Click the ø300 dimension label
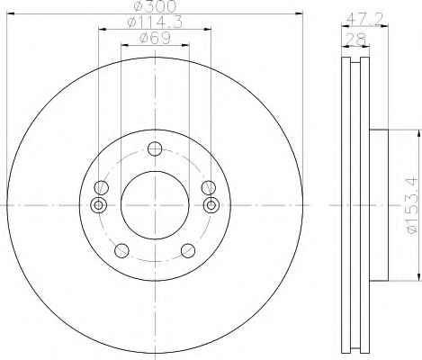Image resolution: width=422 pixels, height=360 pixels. click(x=155, y=6)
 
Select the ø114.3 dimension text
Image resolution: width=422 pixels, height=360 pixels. click(x=155, y=22)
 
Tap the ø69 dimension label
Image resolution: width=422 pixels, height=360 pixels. click(x=155, y=38)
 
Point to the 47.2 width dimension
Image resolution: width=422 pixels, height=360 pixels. click(x=365, y=20)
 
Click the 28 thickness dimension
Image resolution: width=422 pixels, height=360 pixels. click(x=356, y=39)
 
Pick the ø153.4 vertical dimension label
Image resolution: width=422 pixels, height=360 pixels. click(x=411, y=206)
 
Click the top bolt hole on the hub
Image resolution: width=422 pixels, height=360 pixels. click(x=155, y=148)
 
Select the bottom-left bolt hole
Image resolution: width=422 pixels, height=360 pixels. click(x=121, y=251)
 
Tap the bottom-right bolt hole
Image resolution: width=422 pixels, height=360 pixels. click(x=188, y=251)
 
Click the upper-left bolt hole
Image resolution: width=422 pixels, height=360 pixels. click(x=101, y=188)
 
